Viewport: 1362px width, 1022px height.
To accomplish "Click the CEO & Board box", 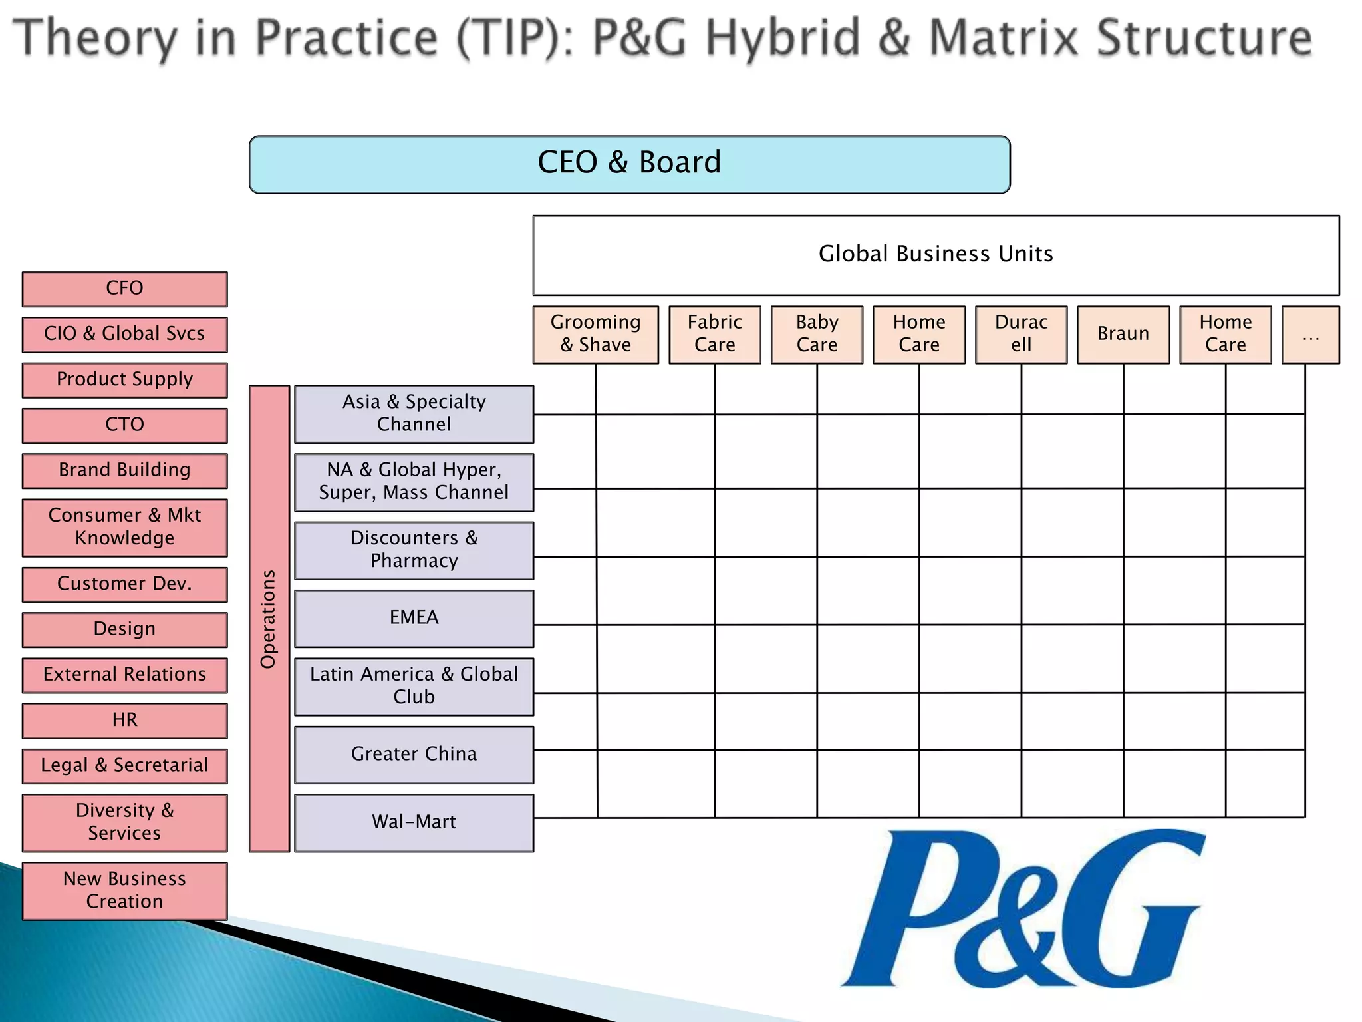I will pos(629,164).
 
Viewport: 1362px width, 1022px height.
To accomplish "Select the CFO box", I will pos(124,289).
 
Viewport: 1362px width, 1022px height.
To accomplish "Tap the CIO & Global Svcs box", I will pos(124,335).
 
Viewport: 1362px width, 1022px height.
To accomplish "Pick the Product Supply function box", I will pos(124,380).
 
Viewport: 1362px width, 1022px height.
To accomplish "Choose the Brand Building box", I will pos(124,471).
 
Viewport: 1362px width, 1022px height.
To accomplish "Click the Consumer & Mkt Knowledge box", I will pos(124,528).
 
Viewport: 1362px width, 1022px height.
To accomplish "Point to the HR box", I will pos(124,721).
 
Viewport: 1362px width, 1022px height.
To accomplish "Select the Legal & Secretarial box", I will pos(124,766).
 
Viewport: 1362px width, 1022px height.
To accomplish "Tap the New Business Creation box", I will pos(124,891).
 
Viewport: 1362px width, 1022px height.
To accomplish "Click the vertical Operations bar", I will pos(269,619).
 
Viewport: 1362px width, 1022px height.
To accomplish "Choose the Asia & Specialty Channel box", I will pos(414,414).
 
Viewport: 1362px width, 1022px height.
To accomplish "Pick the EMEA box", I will pos(414,618).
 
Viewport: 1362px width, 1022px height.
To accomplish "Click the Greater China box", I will pos(414,755).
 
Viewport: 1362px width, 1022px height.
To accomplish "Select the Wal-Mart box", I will pos(414,822).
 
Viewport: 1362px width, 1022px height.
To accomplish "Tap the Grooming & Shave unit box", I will pos(595,335).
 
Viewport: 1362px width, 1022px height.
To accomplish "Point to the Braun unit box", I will pos(1123,335).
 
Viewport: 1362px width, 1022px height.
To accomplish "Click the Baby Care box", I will pos(817,335).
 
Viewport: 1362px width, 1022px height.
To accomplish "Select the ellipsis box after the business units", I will pos(1310,335).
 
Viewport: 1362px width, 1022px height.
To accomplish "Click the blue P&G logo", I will pos(1024,909).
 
